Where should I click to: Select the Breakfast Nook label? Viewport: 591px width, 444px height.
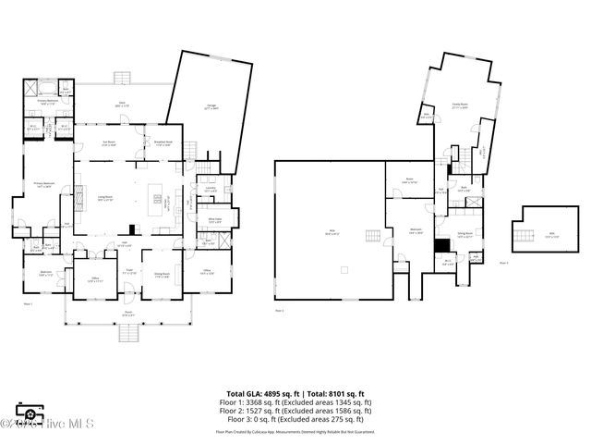(x=163, y=144)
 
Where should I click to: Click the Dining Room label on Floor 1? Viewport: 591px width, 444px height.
(x=161, y=274)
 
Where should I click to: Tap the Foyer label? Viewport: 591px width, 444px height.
(x=128, y=273)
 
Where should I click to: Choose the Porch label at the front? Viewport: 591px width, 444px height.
(x=127, y=316)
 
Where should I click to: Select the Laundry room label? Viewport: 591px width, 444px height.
(x=211, y=190)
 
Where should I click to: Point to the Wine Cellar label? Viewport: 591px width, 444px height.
(x=213, y=220)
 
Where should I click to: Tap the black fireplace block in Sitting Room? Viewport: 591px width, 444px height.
(x=442, y=245)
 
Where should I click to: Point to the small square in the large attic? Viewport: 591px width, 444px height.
(x=344, y=269)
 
